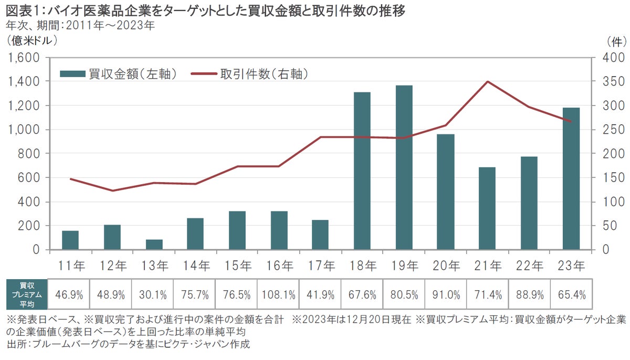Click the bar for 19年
[404, 167]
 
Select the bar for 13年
[154, 245]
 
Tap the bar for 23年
[571, 178]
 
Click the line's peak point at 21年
[487, 81]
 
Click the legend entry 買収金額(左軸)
[118, 74]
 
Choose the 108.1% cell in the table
[278, 294]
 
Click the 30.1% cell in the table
[152, 294]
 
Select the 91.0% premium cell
[446, 294]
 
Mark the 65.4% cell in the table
[571, 294]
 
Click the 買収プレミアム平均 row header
[26, 294]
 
